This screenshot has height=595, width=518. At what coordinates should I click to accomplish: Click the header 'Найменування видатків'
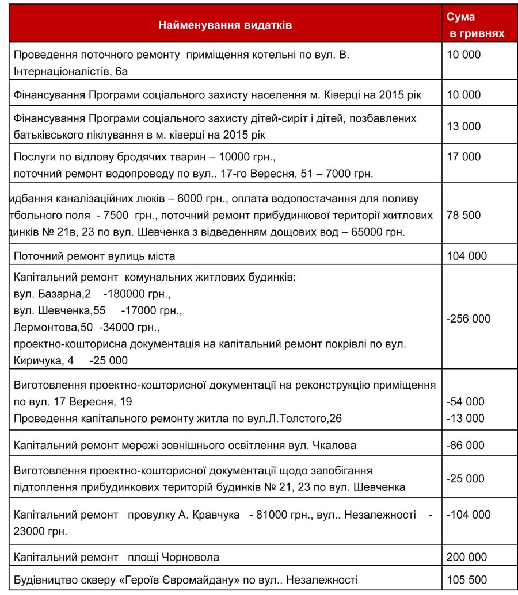225,25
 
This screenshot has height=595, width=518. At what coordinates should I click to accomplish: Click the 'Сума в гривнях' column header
475,25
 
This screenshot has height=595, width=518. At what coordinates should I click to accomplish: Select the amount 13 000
463,126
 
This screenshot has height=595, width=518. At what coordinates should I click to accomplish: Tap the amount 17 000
463,157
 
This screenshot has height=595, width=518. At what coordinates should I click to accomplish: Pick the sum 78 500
463,216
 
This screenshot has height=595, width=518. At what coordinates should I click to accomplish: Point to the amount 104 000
466,256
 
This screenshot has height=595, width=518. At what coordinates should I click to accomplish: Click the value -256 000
469,319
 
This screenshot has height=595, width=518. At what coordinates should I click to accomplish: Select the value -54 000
465,401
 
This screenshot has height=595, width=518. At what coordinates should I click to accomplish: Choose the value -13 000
465,418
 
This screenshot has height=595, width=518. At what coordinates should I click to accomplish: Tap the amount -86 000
465,445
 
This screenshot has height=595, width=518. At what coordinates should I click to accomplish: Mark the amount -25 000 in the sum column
465,479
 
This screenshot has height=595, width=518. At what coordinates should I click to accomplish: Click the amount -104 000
469,515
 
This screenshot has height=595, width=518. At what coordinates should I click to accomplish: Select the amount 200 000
466,557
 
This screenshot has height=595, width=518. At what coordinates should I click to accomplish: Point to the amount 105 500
466,579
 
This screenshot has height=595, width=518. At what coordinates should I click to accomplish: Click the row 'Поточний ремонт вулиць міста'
94,256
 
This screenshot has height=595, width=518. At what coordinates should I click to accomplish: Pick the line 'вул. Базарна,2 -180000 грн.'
92,294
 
